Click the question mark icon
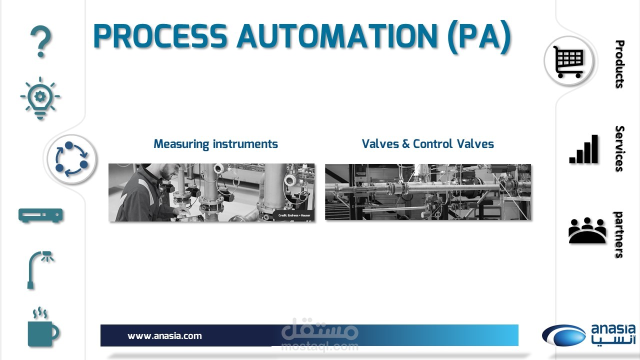click(x=41, y=41)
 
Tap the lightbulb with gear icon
click(x=40, y=97)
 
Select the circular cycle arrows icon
click(x=71, y=159)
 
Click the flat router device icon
click(x=40, y=215)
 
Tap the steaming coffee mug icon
click(x=43, y=327)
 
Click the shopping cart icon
click(x=569, y=61)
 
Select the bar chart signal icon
click(x=583, y=149)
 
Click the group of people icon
click(x=587, y=230)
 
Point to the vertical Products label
click(x=619, y=64)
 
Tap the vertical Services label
click(x=619, y=148)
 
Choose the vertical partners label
click(x=618, y=235)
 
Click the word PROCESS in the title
click(x=160, y=36)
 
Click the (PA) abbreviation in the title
click(x=479, y=36)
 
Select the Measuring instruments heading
click(x=215, y=144)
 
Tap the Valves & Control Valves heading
click(x=427, y=143)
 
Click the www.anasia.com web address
click(x=164, y=336)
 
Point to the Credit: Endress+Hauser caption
click(x=294, y=215)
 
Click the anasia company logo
click(x=589, y=335)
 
